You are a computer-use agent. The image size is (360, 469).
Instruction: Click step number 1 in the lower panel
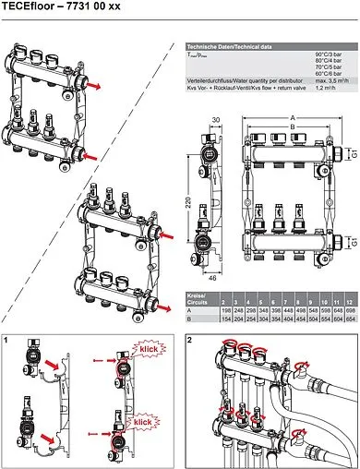[8, 342]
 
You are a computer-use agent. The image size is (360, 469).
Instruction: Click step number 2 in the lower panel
[189, 342]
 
